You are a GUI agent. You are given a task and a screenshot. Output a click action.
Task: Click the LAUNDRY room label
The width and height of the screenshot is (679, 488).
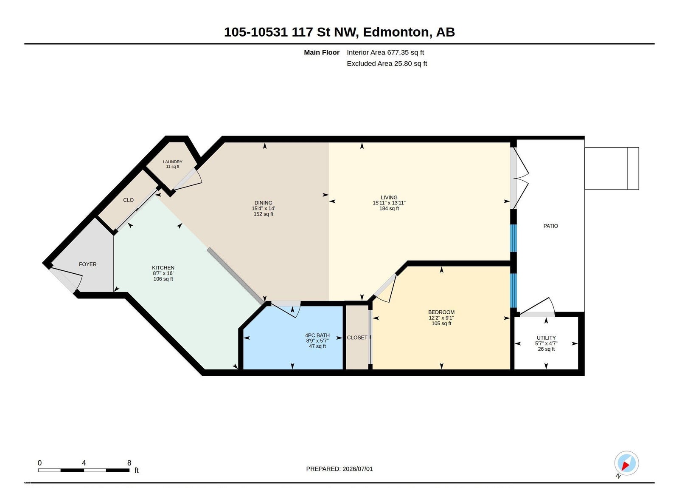tap(172, 162)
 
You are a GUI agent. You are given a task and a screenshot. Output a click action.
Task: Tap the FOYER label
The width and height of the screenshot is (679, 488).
tap(87, 264)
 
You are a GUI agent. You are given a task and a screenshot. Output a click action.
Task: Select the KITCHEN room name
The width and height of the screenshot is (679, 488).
tap(163, 268)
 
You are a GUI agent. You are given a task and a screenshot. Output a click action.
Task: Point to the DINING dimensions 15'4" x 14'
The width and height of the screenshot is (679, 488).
tap(264, 209)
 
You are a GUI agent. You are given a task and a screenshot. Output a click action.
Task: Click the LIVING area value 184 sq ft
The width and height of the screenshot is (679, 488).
tap(389, 209)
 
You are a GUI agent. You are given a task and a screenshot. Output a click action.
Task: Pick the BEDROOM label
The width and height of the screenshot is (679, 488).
tap(441, 312)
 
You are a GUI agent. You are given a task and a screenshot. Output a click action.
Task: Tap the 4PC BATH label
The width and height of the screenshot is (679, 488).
tap(317, 335)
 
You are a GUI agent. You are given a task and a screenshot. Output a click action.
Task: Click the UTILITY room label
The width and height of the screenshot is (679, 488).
tap(546, 338)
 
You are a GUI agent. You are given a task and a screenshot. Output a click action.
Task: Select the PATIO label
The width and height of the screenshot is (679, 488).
tap(551, 226)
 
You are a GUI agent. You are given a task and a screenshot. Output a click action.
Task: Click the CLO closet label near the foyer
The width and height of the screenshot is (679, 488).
tap(128, 200)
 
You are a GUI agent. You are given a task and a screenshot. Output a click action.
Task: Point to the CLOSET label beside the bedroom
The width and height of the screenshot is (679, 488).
tap(357, 338)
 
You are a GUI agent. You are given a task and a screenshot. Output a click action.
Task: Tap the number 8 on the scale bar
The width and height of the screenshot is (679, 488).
tap(129, 463)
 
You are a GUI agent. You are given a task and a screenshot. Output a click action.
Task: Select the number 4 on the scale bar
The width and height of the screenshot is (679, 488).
tap(84, 463)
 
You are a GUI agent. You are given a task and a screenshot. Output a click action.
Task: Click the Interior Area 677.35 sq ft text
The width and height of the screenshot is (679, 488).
tap(385, 52)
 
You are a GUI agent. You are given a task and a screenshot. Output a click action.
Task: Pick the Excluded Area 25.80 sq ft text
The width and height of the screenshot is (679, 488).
tap(387, 63)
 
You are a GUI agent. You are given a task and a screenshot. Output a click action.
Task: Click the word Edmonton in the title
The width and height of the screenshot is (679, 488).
tap(396, 32)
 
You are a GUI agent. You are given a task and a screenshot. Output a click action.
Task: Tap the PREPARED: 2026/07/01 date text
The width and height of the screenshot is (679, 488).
tap(339, 469)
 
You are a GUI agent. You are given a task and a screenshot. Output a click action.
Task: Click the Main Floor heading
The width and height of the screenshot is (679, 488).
tap(322, 52)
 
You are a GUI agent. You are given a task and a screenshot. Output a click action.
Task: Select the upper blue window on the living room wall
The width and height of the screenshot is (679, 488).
tap(513, 238)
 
